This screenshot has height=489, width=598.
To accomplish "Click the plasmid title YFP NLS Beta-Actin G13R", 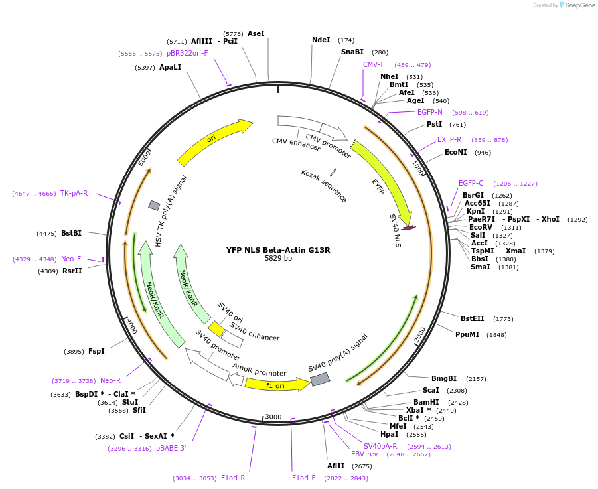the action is click(x=278, y=250).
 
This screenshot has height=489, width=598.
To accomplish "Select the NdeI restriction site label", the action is click(x=321, y=40).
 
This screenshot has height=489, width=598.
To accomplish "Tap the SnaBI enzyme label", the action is click(x=352, y=52).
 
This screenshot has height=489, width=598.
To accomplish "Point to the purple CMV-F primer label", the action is click(x=374, y=64).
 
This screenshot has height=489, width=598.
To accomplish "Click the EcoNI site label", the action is click(x=456, y=153).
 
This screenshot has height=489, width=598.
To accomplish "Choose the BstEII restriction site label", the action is click(x=473, y=318).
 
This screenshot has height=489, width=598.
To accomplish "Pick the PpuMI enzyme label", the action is click(x=467, y=334).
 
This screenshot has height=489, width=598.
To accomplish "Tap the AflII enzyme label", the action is click(x=336, y=466).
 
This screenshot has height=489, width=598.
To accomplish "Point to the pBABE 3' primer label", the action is click(x=171, y=449).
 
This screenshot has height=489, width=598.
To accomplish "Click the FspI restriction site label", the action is click(x=96, y=351).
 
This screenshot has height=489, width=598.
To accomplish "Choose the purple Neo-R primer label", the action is click(x=110, y=380).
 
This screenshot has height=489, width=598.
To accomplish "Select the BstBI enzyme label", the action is click(x=71, y=233).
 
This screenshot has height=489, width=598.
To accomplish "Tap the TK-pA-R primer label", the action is click(x=74, y=193).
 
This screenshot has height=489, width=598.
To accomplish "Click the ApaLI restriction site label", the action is click(x=170, y=67).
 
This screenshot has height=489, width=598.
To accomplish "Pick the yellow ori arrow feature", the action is click(x=214, y=141).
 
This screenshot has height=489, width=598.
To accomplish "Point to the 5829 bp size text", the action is click(x=278, y=259).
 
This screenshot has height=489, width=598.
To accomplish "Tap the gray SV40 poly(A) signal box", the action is click(x=320, y=379).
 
